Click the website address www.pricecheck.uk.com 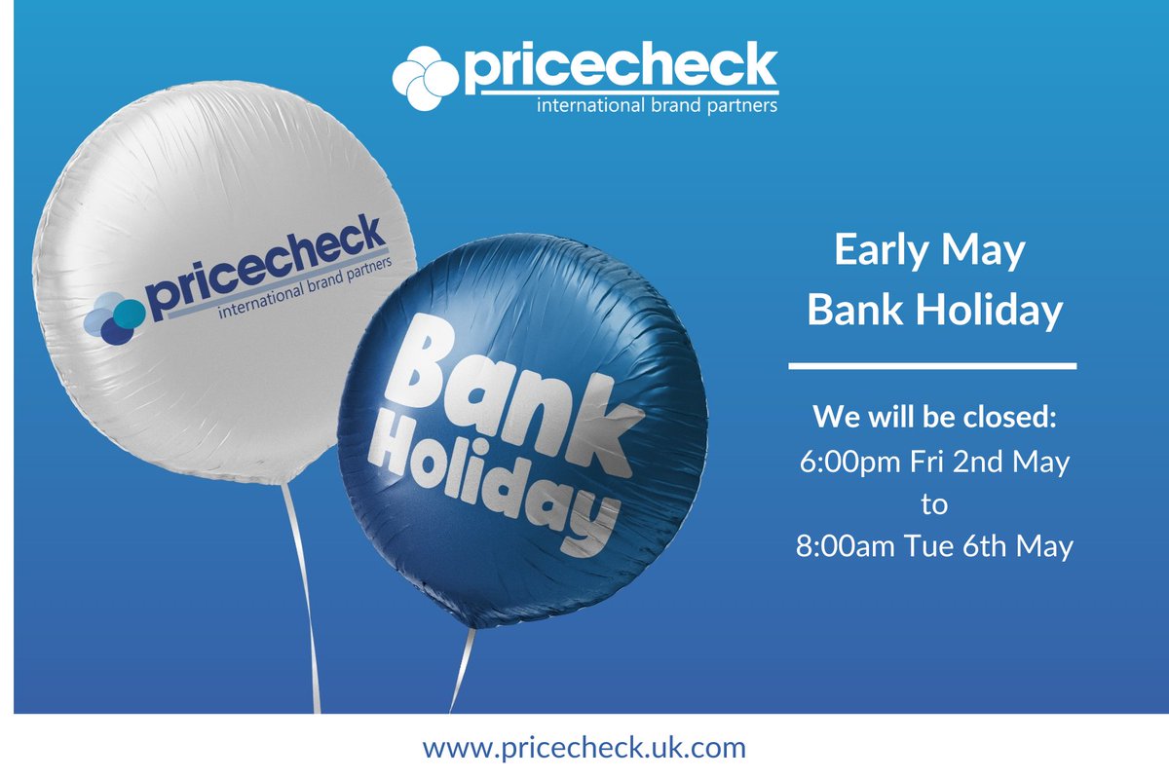[584, 748]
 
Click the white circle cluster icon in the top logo [425, 77]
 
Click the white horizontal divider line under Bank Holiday [931, 366]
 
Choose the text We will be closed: [934, 420]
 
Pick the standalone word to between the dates [933, 503]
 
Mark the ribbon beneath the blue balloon [462, 672]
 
